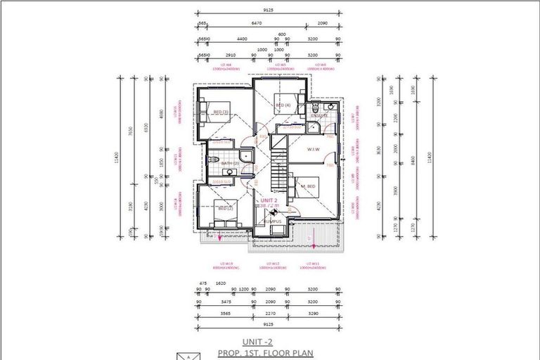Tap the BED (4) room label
(283, 105)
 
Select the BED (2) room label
(225, 209)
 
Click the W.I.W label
(314, 149)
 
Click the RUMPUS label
(272, 221)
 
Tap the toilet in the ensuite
(316, 107)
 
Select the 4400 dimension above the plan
(243, 39)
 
